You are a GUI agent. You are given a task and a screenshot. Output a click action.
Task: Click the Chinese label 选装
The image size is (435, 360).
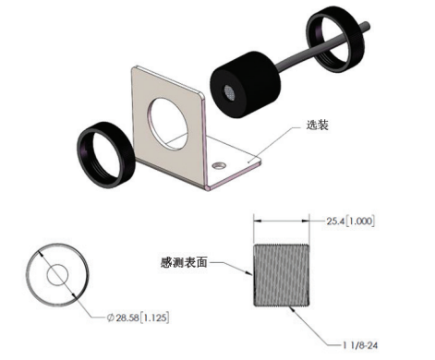pos(318,125)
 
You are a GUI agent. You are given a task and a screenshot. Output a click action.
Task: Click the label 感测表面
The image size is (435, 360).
pos(184,262)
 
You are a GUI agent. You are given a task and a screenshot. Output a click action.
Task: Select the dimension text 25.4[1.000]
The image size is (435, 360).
pos(351,221)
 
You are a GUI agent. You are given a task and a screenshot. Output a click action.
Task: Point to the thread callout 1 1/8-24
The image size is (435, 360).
pos(360,345)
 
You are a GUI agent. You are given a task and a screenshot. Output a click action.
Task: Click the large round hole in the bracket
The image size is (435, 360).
pos(167,124)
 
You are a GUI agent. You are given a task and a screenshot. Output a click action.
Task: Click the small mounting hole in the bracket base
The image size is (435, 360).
pos(219,165)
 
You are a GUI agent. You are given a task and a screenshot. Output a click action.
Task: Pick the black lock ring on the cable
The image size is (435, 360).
pos(335,39)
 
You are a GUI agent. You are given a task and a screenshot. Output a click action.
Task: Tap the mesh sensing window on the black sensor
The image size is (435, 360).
pos(229,93)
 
